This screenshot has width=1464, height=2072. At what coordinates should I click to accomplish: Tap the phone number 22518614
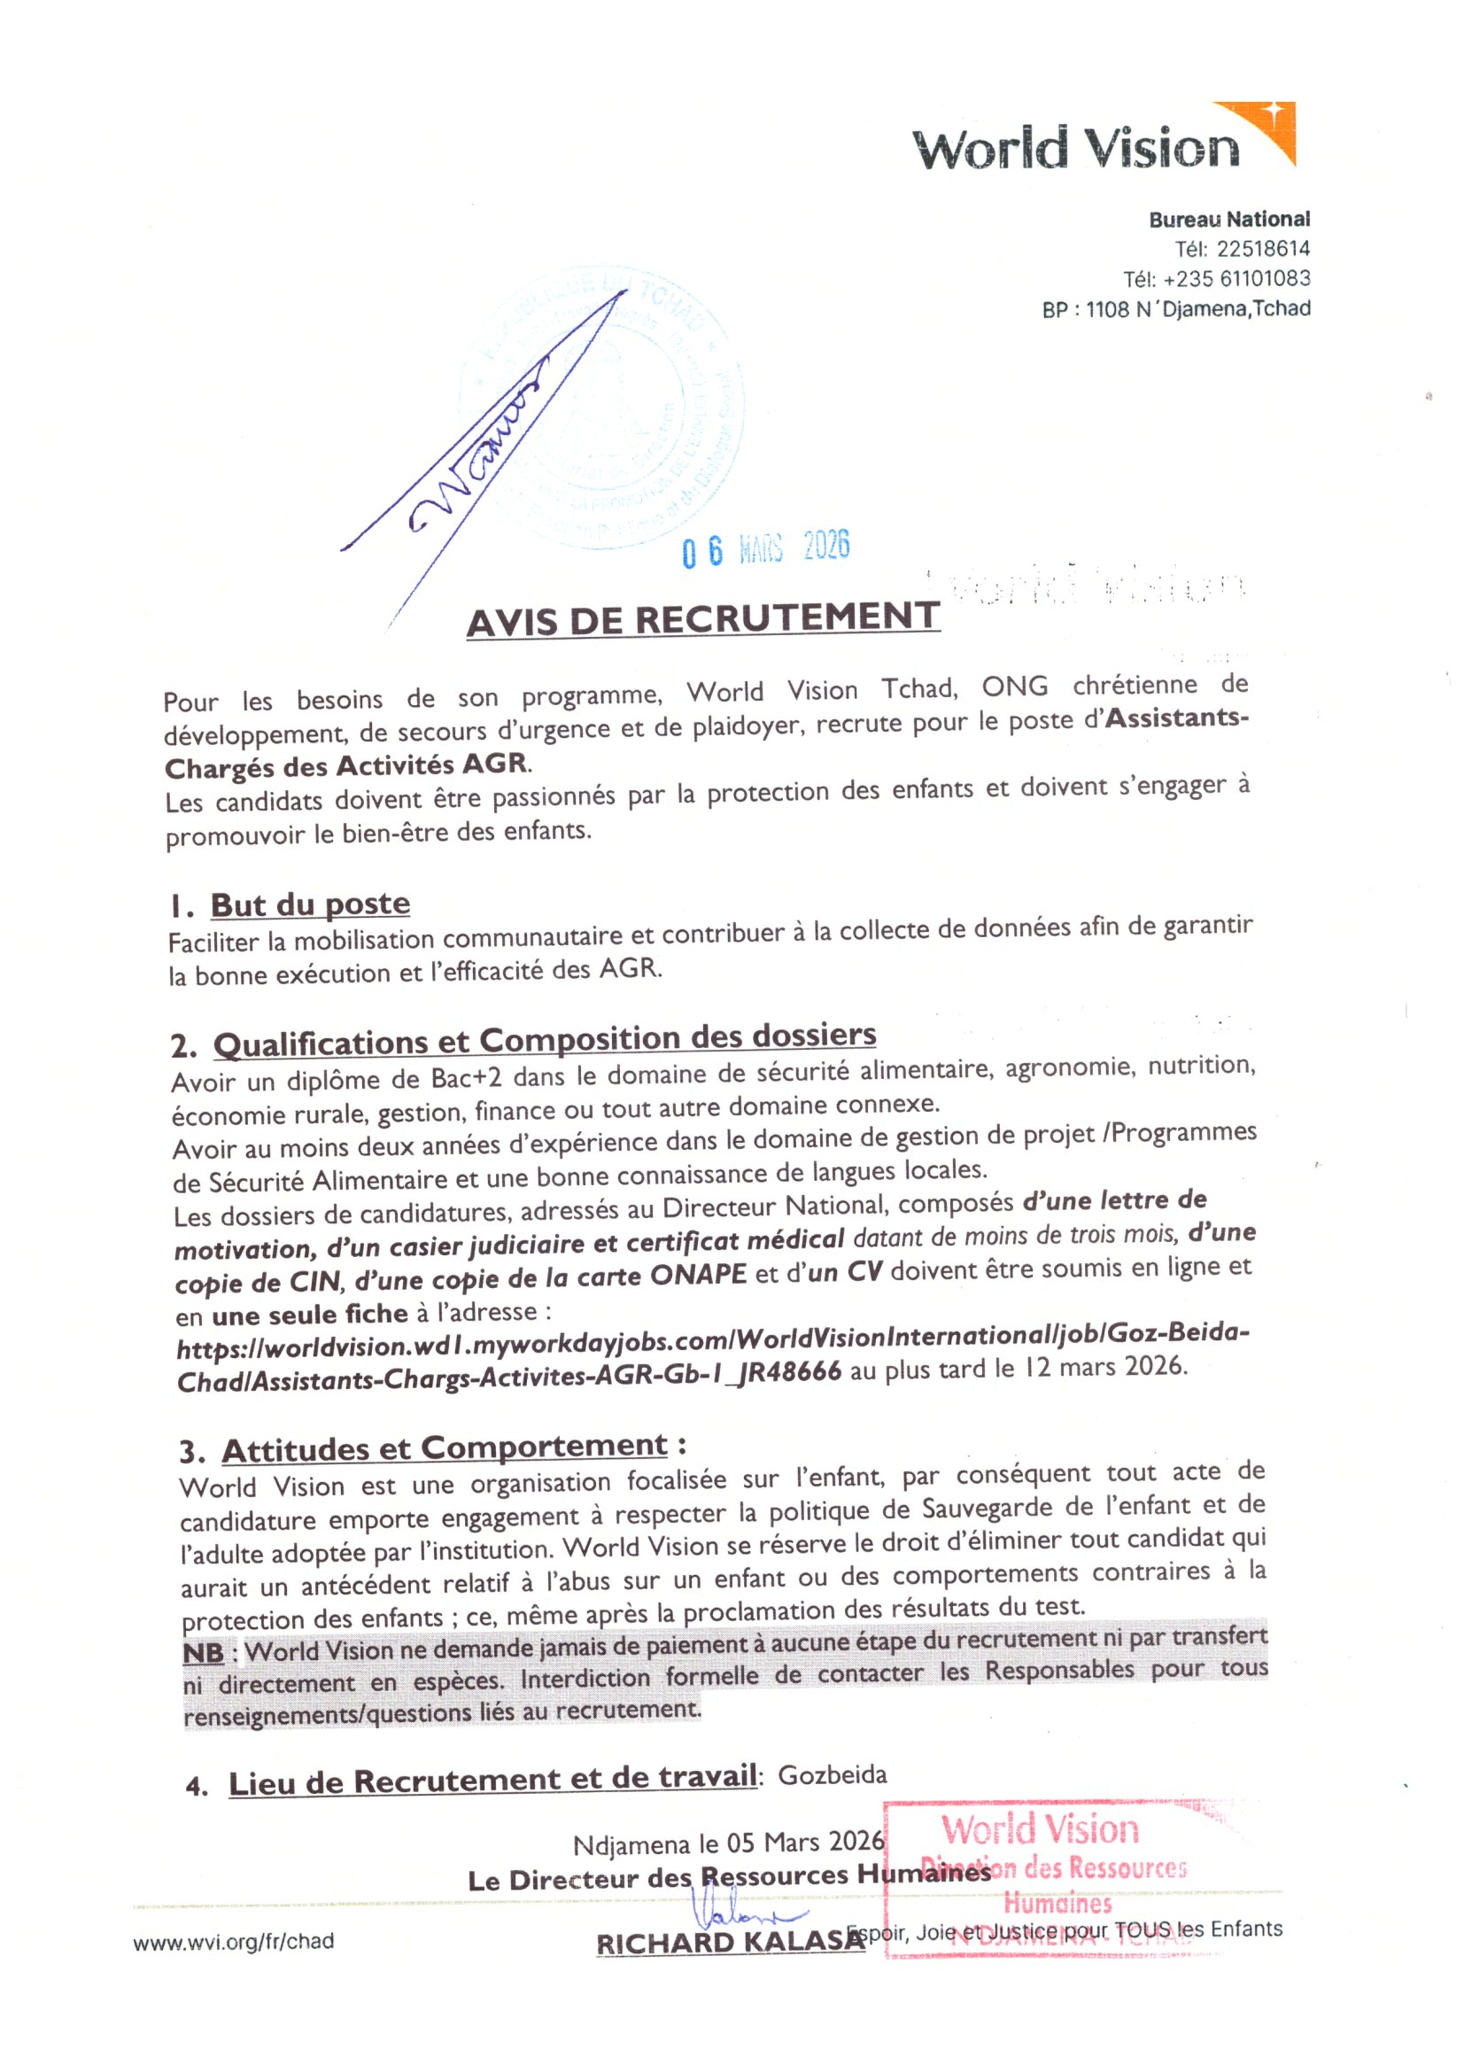[1262, 249]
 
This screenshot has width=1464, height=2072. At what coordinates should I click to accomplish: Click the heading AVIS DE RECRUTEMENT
[702, 619]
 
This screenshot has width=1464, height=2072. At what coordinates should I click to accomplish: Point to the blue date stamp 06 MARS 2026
[766, 547]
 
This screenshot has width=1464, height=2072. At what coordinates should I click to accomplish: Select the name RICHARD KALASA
[730, 1942]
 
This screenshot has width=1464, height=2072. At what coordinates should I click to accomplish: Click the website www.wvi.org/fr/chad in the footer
[233, 1940]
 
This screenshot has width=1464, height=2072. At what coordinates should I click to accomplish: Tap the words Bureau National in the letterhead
[1228, 220]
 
